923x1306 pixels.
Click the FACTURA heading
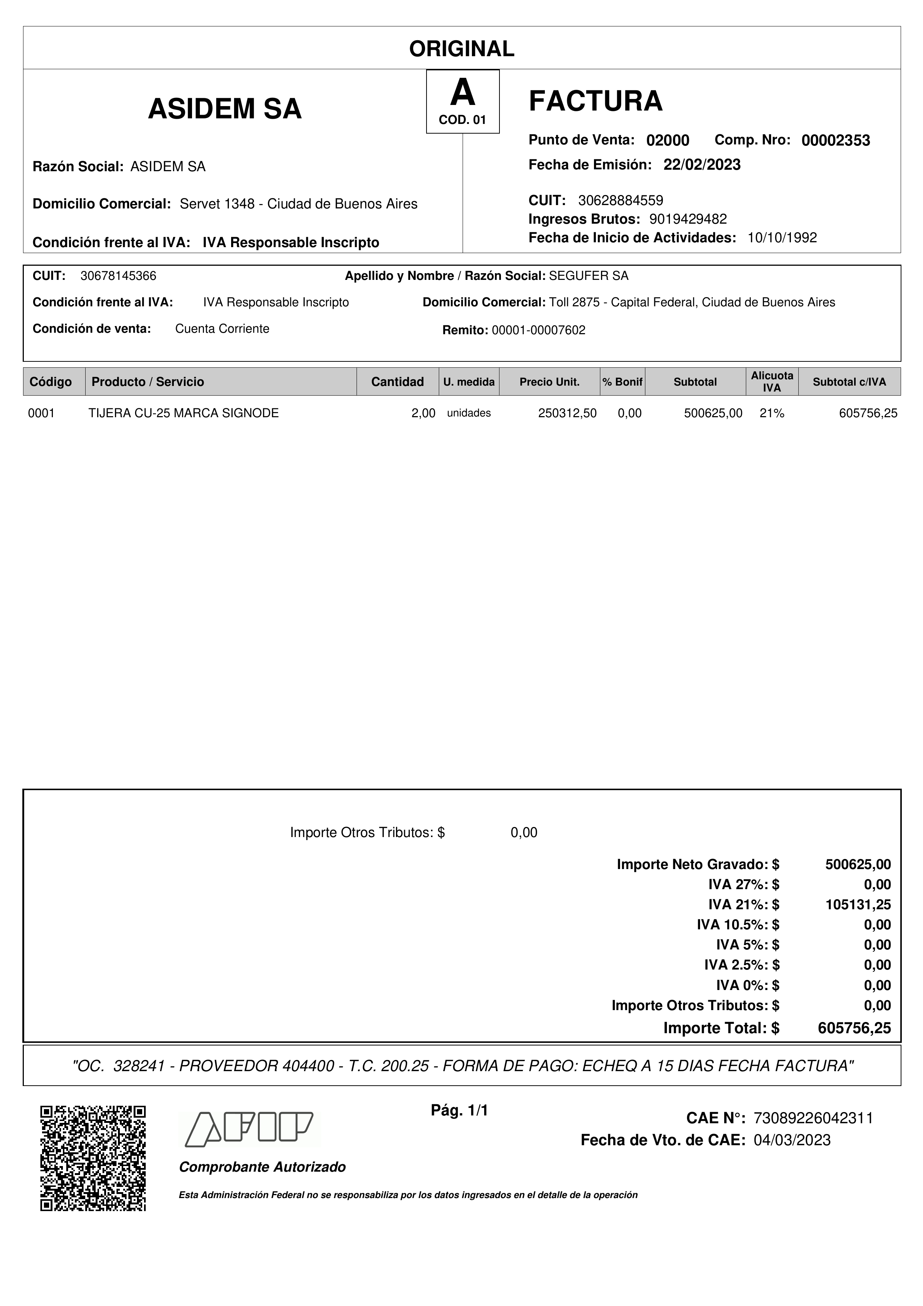tap(595, 101)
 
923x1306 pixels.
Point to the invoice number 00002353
tap(836, 140)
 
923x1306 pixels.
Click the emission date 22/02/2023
tap(702, 165)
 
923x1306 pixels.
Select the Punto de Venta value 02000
tap(668, 140)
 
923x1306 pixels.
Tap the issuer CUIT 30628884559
tap(620, 200)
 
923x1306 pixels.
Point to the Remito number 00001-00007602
tap(538, 331)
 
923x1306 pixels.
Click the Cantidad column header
tap(397, 381)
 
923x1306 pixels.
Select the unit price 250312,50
tap(567, 413)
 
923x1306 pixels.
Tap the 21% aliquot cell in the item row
tap(772, 413)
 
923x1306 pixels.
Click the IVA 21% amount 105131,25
tap(857, 904)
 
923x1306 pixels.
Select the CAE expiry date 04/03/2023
tap(792, 1140)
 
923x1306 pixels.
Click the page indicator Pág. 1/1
tap(460, 1110)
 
